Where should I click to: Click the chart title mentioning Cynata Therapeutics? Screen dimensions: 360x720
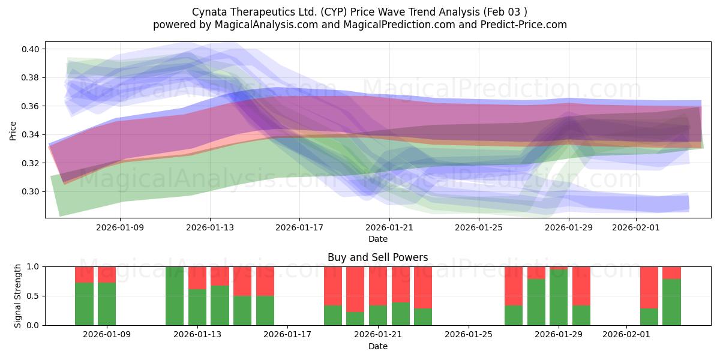click(x=360, y=12)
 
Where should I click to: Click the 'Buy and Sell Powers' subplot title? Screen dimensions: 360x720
click(x=377, y=257)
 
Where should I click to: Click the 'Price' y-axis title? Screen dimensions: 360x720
click(x=13, y=131)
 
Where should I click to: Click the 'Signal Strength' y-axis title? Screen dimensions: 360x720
click(x=18, y=295)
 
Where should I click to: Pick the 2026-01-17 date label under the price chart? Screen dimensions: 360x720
click(x=299, y=228)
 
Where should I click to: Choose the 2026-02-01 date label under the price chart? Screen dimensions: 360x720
click(x=635, y=228)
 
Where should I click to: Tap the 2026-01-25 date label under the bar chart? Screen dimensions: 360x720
click(x=467, y=335)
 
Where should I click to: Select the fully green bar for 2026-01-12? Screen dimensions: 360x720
click(x=175, y=296)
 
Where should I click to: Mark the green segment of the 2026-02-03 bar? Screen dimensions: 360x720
click(x=672, y=302)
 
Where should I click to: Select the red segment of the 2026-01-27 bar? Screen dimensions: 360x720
click(x=514, y=286)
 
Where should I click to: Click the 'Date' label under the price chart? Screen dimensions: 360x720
click(x=377, y=239)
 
